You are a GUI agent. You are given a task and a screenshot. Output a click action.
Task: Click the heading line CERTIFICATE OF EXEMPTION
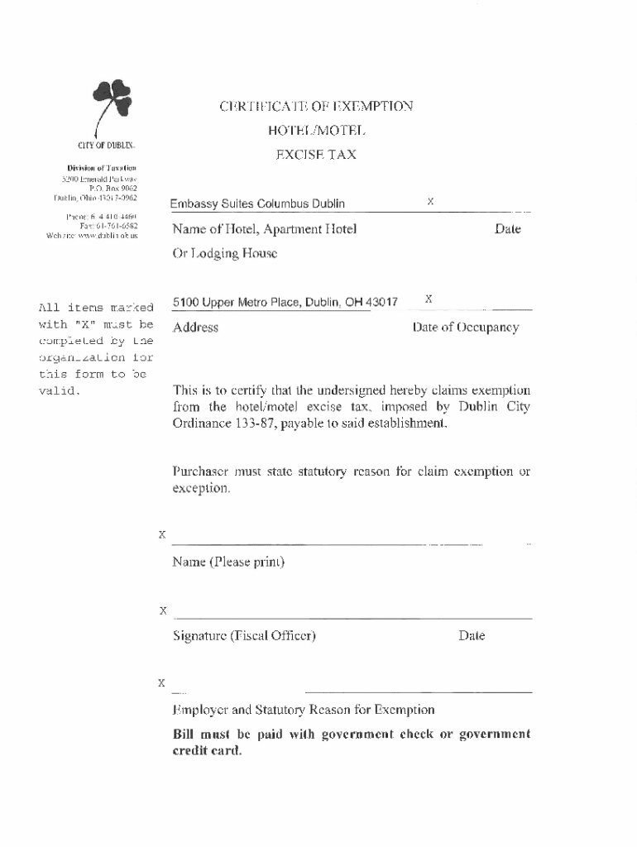coord(315,106)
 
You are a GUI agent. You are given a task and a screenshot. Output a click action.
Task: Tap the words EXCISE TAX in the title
coord(315,154)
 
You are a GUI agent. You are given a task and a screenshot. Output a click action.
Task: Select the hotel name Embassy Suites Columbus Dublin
coord(257,204)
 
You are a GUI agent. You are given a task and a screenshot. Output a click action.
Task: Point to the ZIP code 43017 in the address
coord(383,303)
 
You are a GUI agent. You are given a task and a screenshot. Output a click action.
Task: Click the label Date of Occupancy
coord(466,328)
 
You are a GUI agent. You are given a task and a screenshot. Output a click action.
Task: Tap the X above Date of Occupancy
coord(429,298)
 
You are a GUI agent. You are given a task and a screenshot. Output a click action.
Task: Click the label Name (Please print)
coord(229,563)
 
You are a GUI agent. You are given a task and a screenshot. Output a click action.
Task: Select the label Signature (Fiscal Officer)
coord(245,636)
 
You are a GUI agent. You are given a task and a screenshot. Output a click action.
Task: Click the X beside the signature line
coord(163,610)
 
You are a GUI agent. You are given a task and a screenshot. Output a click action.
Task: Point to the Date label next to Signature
coord(472,636)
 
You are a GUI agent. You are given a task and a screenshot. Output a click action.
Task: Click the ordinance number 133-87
coord(240,423)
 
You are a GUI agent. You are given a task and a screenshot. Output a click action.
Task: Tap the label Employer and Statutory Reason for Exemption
coord(304,710)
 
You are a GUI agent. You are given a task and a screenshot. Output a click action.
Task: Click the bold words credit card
coord(208,751)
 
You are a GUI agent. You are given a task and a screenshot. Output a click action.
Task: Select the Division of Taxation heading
coord(97,167)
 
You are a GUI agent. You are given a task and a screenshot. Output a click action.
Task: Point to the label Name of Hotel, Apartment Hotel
coord(265,229)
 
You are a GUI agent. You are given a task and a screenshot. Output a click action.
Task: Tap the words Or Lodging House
coord(225,254)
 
